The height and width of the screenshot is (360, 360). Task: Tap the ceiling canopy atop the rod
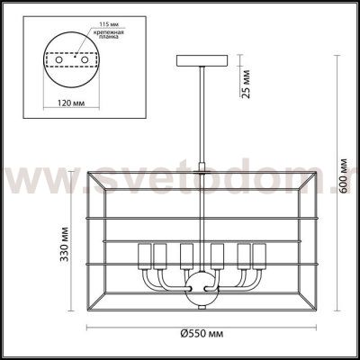(x=200, y=61)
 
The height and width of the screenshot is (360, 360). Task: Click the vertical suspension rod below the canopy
(x=200, y=117)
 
